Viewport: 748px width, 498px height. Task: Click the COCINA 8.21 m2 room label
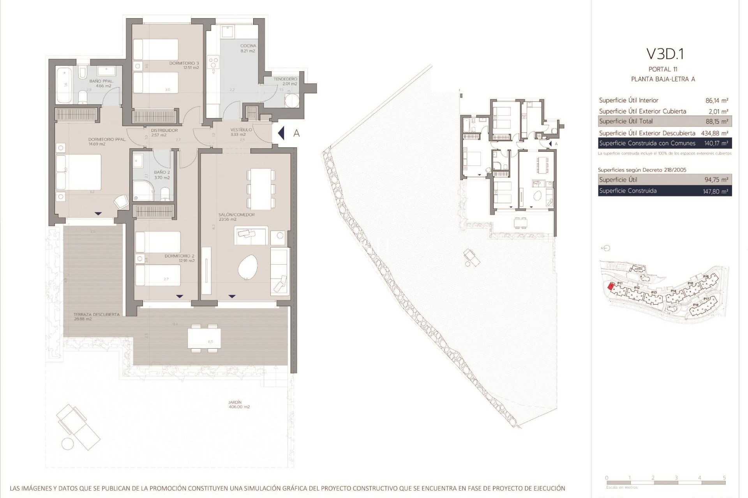click(x=248, y=48)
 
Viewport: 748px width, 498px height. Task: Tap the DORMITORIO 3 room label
click(x=184, y=65)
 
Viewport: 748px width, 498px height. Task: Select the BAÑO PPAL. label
click(x=102, y=84)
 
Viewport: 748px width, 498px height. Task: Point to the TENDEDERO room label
click(x=285, y=81)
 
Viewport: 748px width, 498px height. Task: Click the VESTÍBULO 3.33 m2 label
click(x=240, y=132)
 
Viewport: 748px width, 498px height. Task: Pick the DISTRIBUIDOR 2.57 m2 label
click(x=164, y=133)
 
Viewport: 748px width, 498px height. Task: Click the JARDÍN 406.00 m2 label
click(x=239, y=405)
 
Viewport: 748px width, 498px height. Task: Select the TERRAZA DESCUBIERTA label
click(x=96, y=316)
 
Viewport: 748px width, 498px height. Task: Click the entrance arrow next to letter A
click(x=281, y=133)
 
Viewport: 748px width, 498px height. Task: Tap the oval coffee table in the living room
click(x=248, y=267)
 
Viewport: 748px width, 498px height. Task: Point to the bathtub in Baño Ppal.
click(x=64, y=85)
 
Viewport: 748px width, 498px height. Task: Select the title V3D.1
click(x=665, y=54)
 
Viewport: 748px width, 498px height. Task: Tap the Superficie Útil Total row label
click(x=626, y=121)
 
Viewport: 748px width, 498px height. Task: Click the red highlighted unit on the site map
click(x=611, y=287)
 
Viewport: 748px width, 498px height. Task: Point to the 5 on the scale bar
click(x=724, y=478)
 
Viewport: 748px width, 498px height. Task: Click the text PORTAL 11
click(x=663, y=69)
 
